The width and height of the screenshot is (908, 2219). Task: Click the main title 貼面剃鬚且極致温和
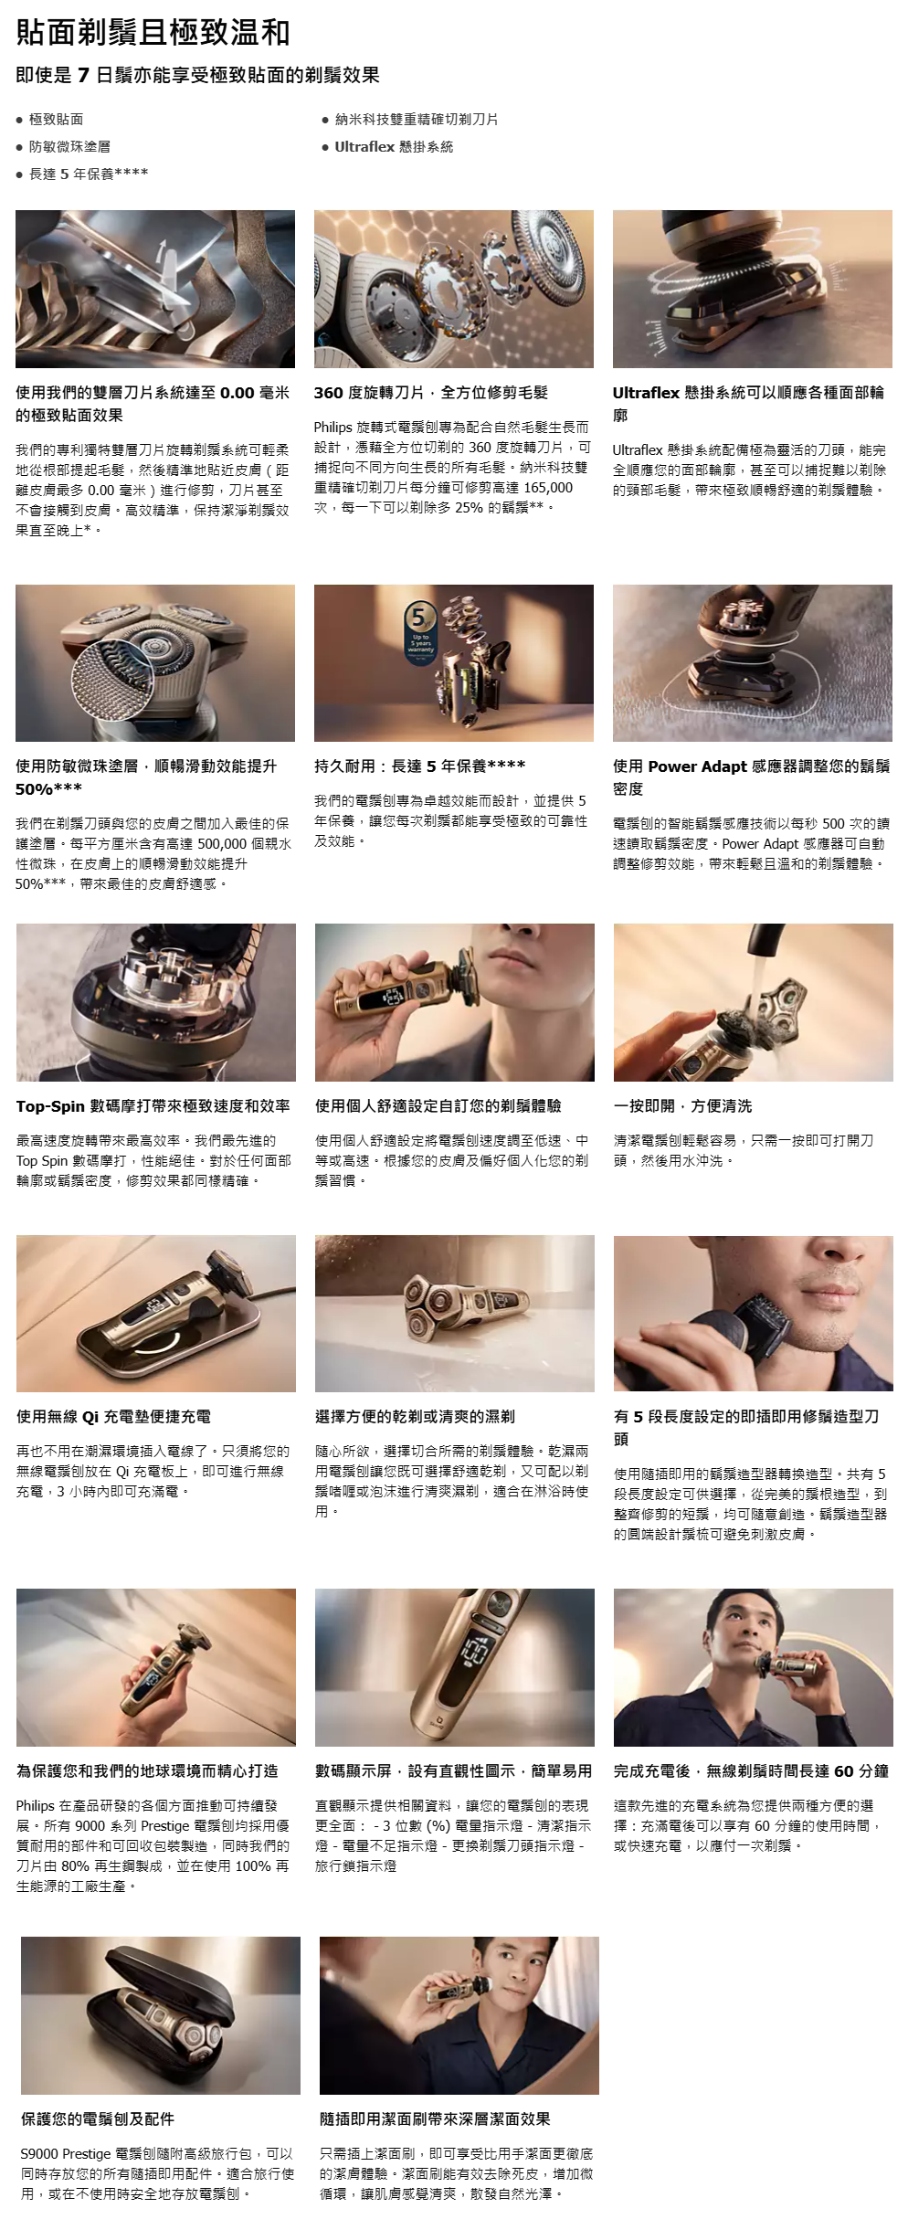click(153, 33)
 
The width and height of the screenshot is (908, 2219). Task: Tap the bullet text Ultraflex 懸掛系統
click(394, 146)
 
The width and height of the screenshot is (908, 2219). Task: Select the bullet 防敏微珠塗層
click(69, 146)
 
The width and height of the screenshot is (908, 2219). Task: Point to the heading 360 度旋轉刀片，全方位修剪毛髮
click(431, 392)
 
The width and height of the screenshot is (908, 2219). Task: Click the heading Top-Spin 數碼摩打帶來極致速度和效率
click(153, 1105)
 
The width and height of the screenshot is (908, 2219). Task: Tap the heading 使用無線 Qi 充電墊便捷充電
click(113, 1416)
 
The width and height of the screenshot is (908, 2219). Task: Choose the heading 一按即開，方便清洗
click(683, 1105)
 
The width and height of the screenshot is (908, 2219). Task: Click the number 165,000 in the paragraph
click(549, 488)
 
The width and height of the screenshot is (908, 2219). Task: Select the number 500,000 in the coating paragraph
click(223, 843)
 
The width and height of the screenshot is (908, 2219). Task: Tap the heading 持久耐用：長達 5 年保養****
click(420, 766)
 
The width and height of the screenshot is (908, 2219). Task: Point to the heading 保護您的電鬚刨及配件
click(98, 2119)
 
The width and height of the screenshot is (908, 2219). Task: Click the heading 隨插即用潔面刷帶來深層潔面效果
click(435, 2119)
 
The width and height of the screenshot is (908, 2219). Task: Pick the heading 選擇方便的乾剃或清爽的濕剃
click(415, 1416)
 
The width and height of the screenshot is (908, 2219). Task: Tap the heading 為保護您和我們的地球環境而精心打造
click(147, 1770)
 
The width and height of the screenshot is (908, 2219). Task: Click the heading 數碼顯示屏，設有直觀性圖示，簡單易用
click(453, 1770)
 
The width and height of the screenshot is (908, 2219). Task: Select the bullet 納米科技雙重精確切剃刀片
click(417, 119)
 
